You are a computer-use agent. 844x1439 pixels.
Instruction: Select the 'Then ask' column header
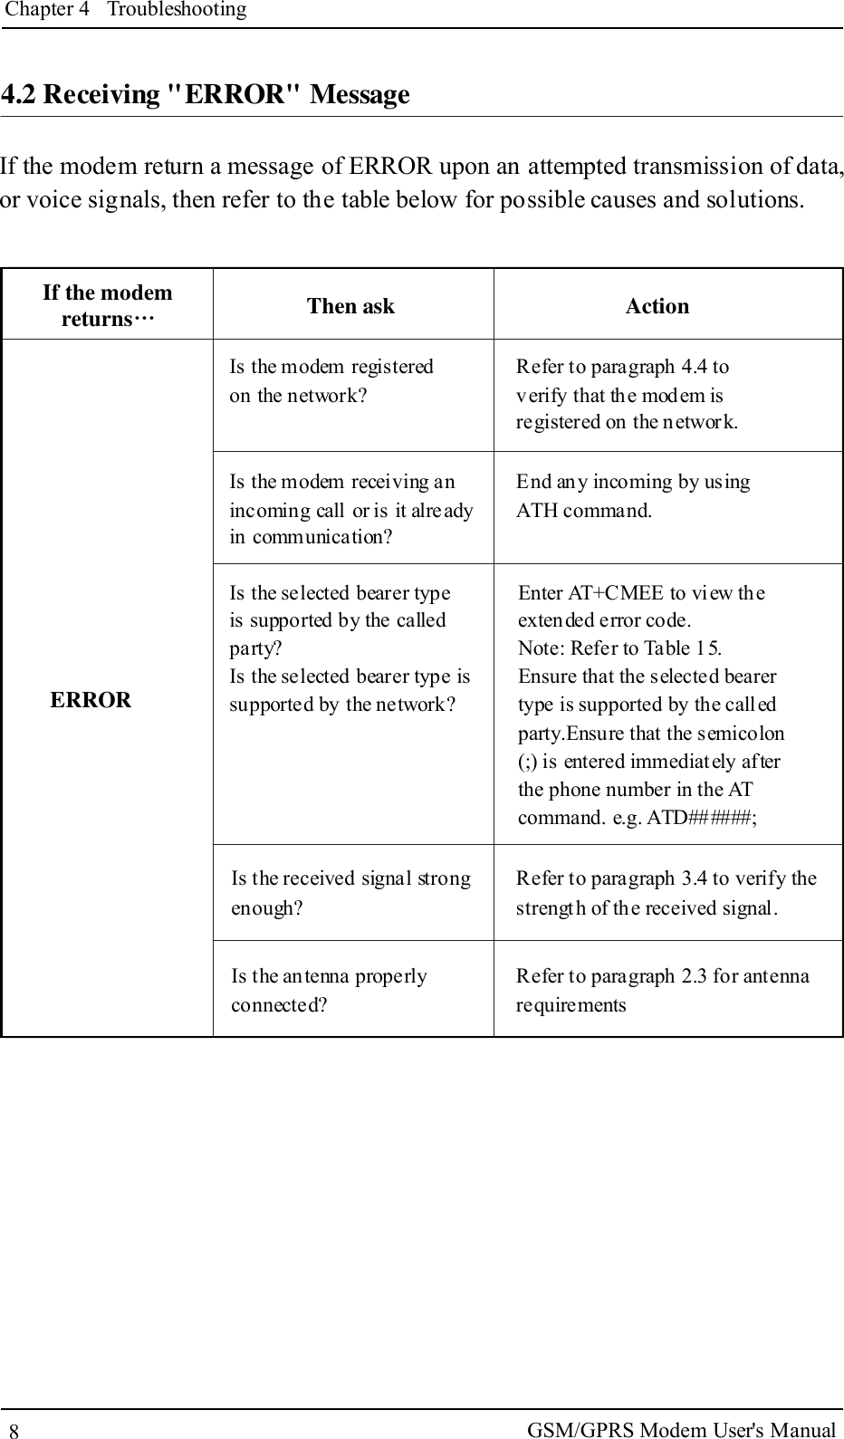(350, 306)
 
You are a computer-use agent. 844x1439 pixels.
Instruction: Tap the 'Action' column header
(657, 306)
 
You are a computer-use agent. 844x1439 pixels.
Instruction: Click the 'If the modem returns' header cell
(107, 305)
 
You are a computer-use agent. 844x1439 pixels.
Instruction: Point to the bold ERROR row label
(91, 700)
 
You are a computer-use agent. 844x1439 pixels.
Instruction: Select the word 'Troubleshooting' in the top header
(177, 10)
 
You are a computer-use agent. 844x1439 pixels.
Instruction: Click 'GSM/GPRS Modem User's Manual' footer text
(681, 1430)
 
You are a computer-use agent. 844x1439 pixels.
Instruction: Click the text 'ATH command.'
(583, 510)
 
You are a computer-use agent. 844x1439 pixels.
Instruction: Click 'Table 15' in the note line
(681, 648)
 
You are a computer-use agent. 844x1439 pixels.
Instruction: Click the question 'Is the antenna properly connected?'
(329, 990)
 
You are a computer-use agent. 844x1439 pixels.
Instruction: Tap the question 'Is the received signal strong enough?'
(350, 892)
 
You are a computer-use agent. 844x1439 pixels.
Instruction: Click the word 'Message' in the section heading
(360, 95)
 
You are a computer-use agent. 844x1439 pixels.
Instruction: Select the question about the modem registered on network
(331, 380)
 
